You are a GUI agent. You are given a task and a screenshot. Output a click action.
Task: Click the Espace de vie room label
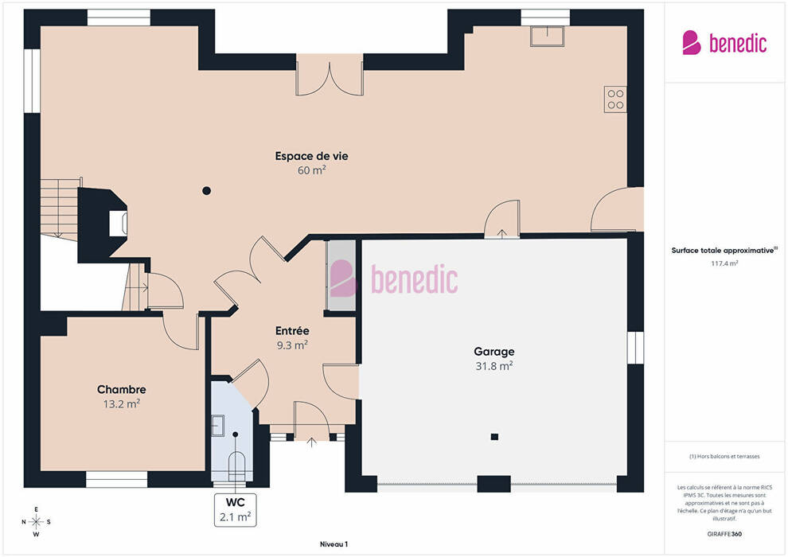click(x=311, y=156)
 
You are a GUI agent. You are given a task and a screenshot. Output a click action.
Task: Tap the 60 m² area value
click(x=311, y=170)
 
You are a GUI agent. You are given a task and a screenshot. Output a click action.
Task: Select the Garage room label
click(x=494, y=352)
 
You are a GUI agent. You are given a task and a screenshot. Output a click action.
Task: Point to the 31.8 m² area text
click(x=494, y=366)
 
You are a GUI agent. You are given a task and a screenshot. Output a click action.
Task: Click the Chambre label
click(x=122, y=389)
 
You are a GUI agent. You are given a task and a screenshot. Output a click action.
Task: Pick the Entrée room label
click(x=292, y=330)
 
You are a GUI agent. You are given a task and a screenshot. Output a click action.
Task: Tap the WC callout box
click(x=235, y=510)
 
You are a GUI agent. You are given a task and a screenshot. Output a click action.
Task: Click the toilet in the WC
click(x=236, y=466)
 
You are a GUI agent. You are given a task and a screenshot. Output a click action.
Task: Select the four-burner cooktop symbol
click(x=615, y=99)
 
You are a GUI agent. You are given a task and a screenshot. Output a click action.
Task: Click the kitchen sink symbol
click(x=548, y=36)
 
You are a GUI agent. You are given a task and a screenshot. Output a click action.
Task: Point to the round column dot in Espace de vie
click(x=206, y=190)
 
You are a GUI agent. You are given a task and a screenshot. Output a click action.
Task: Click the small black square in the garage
click(x=494, y=437)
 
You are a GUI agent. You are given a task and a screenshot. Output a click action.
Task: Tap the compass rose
click(x=36, y=522)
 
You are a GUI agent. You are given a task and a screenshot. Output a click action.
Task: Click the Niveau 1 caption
click(x=334, y=544)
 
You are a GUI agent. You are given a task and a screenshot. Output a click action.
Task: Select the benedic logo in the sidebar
click(x=724, y=43)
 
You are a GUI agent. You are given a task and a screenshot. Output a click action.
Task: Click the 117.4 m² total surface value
click(x=724, y=263)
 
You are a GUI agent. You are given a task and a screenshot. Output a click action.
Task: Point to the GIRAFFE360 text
click(x=724, y=534)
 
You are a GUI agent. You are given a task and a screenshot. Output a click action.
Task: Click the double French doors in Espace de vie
click(x=330, y=75)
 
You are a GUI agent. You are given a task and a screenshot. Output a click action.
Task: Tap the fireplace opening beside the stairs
click(x=119, y=223)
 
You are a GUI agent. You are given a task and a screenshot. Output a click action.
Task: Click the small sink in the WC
click(x=217, y=426)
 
